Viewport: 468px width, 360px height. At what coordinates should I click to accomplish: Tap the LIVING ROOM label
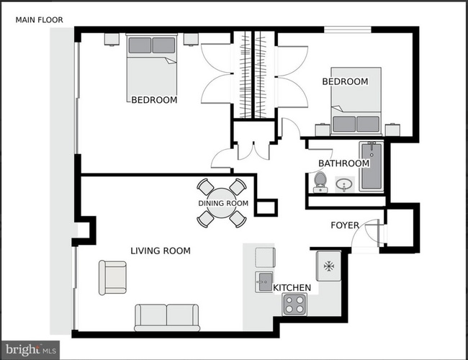pyautogui.click(x=160, y=251)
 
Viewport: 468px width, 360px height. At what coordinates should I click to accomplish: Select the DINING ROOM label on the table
pyautogui.click(x=222, y=203)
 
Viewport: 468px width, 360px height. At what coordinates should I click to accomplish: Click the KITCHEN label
pyautogui.click(x=292, y=288)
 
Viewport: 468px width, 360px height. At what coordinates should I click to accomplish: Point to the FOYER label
pyautogui.click(x=344, y=225)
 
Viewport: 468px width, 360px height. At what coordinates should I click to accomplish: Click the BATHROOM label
pyautogui.click(x=343, y=163)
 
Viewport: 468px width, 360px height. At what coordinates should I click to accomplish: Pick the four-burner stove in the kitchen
pyautogui.click(x=294, y=306)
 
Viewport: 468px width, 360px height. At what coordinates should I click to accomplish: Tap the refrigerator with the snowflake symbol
pyautogui.click(x=328, y=266)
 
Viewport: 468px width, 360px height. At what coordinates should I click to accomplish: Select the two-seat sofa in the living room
pyautogui.click(x=167, y=316)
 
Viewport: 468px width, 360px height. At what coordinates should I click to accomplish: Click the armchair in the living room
pyautogui.click(x=112, y=277)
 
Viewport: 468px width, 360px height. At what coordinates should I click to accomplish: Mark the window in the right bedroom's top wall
pyautogui.click(x=346, y=30)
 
